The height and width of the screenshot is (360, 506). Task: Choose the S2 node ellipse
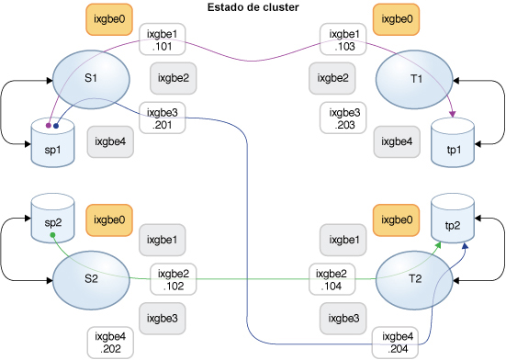[90, 279]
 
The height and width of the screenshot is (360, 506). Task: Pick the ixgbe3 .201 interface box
[161, 118]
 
